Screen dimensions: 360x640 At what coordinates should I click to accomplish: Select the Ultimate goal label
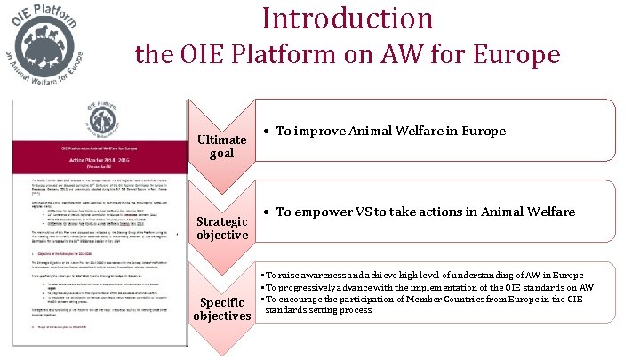coord(221,147)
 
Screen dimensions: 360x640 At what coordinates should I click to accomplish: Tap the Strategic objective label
coord(221,228)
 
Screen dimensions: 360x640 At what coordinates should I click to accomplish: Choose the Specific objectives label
coord(221,309)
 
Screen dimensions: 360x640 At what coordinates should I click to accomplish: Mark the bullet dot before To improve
coord(268,132)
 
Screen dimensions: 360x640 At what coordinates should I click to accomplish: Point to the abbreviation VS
coord(376,212)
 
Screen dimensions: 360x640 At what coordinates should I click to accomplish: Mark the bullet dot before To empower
coord(268,213)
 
